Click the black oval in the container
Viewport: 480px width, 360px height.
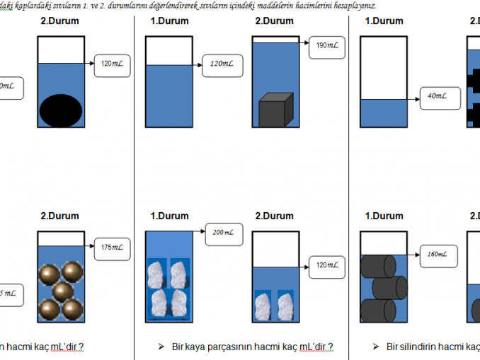[59, 111]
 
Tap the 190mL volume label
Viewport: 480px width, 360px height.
[326, 45]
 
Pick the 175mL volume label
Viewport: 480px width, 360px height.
[112, 247]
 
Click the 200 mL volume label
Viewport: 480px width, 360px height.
[221, 233]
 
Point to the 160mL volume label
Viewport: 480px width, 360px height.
[438, 254]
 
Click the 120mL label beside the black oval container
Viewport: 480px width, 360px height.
[112, 64]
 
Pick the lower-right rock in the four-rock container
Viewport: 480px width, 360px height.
[178, 303]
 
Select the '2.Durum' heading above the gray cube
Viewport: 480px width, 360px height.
[274, 21]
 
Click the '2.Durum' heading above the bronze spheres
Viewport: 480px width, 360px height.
[59, 216]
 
